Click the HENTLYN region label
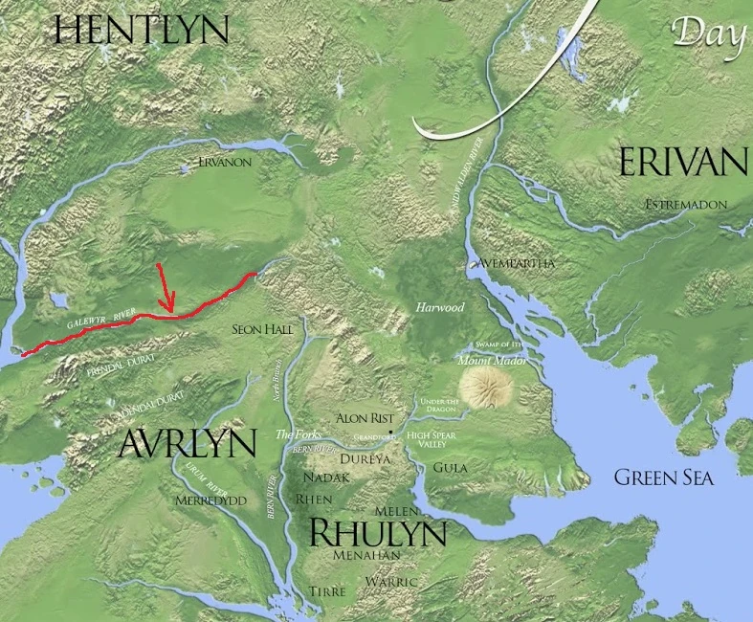tap(142, 30)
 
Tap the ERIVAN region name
tap(682, 162)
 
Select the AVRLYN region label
tap(188, 444)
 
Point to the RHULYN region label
tap(377, 532)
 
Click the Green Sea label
tap(663, 478)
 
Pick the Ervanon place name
tap(225, 163)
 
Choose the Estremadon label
tap(686, 205)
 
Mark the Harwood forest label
tap(440, 308)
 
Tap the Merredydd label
tap(210, 500)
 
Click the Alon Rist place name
tap(364, 418)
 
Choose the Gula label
tap(450, 467)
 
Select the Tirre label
tap(327, 592)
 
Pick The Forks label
tap(295, 433)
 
